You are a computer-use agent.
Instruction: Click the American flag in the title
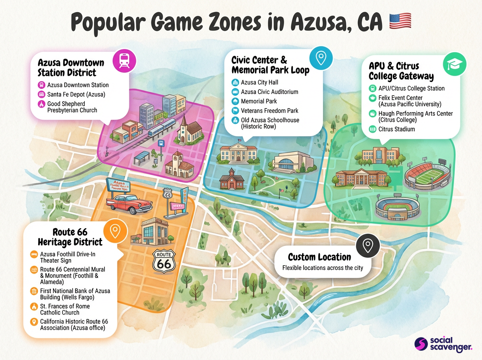click(x=400, y=21)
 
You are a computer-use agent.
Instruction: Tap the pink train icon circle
click(x=125, y=61)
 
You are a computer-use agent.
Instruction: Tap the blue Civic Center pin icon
click(x=321, y=58)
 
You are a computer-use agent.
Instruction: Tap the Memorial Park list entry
click(x=259, y=101)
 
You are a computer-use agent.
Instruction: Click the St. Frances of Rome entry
click(x=65, y=309)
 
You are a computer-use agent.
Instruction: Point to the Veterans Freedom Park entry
click(x=269, y=110)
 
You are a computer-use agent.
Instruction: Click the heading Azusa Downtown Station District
click(x=71, y=67)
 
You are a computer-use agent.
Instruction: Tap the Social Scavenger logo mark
click(x=421, y=344)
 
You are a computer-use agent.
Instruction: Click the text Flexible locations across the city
click(x=323, y=268)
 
